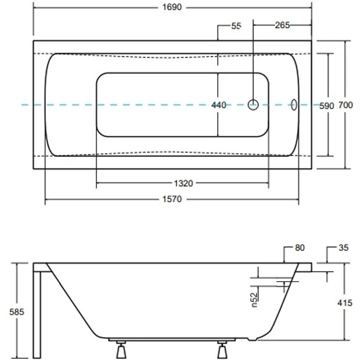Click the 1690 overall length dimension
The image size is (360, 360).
pos(172,8)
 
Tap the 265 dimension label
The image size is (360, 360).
pos(282,25)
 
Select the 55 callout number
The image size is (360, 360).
pos(236,26)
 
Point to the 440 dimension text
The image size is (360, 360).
pos(219,105)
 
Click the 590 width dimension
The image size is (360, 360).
pos(327,106)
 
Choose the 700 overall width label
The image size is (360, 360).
pos(345,105)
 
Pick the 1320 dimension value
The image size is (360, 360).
pos(183,183)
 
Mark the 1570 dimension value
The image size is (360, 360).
pos(172,199)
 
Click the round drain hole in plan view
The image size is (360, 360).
pos(253,105)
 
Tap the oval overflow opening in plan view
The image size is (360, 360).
pos(294,105)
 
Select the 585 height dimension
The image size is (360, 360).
pos(16,312)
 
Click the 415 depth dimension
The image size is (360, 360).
pos(345,303)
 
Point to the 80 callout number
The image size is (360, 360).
pos(300,248)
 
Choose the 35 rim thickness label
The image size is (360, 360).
pos(344,248)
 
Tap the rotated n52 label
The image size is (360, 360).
pos(254,300)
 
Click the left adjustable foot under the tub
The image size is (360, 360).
pos(121,350)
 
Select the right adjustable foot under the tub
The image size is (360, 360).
pos(222,350)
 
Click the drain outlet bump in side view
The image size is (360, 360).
pos(253,339)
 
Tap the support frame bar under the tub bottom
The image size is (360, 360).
pos(172,339)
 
